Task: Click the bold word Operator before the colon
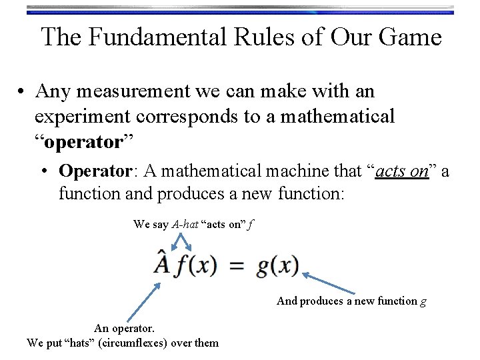click(x=93, y=171)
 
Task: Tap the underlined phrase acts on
click(x=402, y=171)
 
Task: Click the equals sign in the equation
click(x=237, y=266)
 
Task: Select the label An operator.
click(x=124, y=328)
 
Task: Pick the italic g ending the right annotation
click(x=423, y=301)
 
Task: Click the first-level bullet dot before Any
click(x=22, y=91)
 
